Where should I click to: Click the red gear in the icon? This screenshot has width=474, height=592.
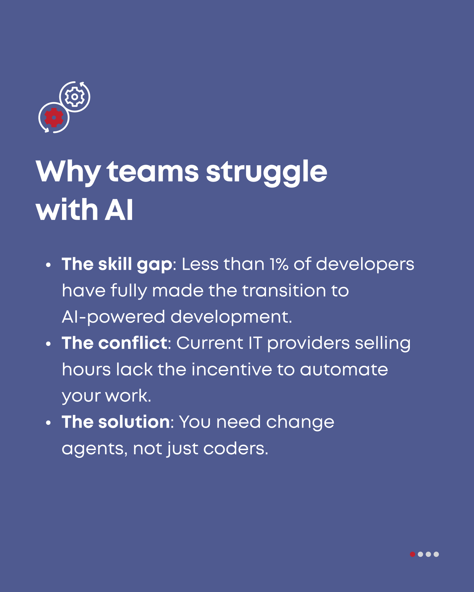coord(54,117)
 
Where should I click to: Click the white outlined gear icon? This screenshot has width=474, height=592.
coord(74,97)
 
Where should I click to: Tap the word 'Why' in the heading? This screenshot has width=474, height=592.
coord(68,172)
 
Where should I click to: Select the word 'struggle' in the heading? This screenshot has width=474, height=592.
coord(267,173)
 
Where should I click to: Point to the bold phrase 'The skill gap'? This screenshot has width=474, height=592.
coord(117,265)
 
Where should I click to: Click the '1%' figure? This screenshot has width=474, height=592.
coord(279,264)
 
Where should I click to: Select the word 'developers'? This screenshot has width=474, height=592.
coord(365,265)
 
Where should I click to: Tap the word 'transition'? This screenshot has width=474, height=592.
coord(284,290)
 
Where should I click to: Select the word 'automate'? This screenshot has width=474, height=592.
coord(344,370)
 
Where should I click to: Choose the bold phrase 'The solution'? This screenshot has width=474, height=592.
coord(116,422)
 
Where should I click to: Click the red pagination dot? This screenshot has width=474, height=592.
coord(412,554)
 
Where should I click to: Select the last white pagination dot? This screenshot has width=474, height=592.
coord(436,554)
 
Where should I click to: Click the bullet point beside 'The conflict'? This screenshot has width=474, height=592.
coord(48,344)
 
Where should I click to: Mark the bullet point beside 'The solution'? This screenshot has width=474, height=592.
coord(48,423)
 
